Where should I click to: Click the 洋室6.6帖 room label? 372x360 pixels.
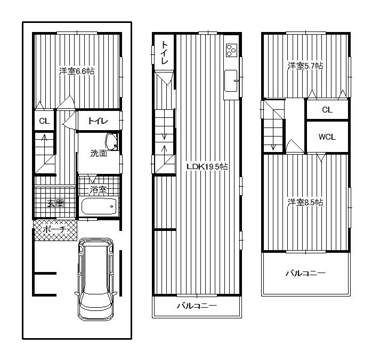tap(77, 71)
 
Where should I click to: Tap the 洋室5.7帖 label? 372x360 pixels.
tap(305, 66)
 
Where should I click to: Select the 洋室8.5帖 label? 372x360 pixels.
tap(305, 203)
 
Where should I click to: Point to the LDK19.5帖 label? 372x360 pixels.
tap(207, 167)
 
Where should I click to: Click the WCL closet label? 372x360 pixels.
tap(327, 137)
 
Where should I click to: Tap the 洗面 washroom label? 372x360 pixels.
tap(98, 154)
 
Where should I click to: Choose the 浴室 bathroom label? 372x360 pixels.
tap(98, 189)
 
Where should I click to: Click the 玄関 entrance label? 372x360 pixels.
tap(55, 203)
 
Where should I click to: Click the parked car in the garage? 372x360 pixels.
tap(96, 278)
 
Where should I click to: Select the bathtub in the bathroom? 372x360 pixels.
tap(98, 206)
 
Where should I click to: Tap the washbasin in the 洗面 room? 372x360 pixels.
tap(111, 142)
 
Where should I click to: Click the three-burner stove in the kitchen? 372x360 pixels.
tap(231, 51)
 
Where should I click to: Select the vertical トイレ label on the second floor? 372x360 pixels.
tap(165, 53)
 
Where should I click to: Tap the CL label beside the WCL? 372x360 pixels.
tap(327, 110)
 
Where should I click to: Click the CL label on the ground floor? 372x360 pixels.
tap(44, 121)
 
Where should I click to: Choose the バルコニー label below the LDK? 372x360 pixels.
tap(197, 306)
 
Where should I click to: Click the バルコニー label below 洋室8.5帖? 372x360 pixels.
tap(305, 274)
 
